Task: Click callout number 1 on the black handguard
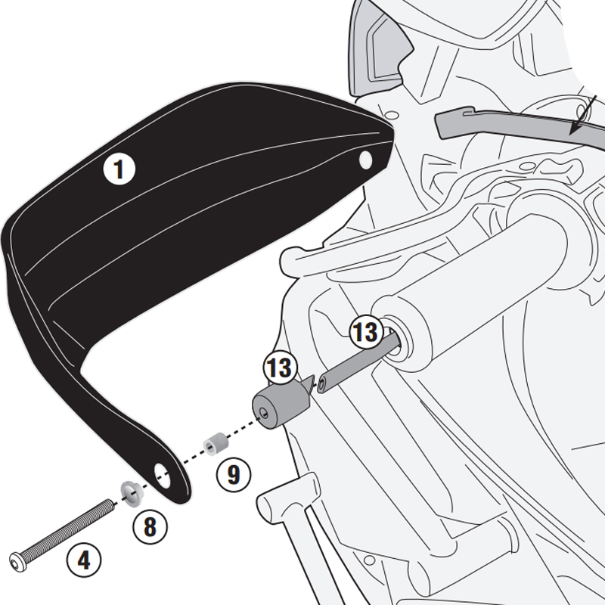click(x=118, y=169)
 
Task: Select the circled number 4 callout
click(x=83, y=561)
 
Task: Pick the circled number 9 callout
click(x=233, y=474)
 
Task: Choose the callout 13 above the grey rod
click(x=365, y=330)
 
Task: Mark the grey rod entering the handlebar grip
click(x=355, y=364)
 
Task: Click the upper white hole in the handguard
click(x=366, y=160)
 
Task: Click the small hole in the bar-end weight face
click(x=262, y=413)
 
